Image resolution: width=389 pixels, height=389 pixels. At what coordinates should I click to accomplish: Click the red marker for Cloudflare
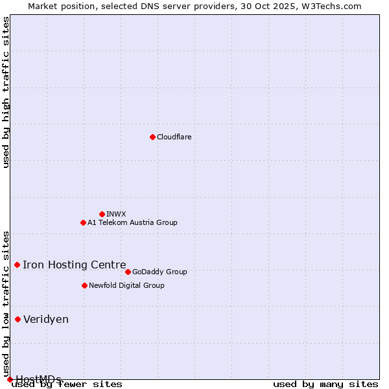tap(152, 137)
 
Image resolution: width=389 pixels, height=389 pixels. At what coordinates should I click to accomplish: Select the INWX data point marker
tap(102, 214)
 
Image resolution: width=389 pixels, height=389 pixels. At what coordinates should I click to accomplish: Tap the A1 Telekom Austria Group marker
tap(83, 222)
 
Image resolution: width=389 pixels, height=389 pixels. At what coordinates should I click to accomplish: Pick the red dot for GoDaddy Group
tap(128, 272)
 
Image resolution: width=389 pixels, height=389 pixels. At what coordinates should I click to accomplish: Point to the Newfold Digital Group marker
tap(84, 285)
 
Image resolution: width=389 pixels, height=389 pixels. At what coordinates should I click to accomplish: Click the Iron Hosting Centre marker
tap(18, 265)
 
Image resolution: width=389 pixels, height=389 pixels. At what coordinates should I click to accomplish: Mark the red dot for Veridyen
tap(18, 319)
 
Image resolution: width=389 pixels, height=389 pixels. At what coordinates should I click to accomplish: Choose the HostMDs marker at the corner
tap(10, 379)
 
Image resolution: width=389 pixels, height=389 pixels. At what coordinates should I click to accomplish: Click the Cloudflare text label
tap(174, 137)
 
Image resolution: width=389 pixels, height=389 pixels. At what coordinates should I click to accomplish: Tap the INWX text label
tap(116, 214)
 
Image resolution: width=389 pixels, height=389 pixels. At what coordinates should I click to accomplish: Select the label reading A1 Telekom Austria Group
tap(132, 222)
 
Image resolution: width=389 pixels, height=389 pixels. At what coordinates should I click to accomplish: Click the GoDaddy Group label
tap(159, 272)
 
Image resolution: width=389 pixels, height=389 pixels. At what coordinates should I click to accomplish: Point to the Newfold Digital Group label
tap(126, 285)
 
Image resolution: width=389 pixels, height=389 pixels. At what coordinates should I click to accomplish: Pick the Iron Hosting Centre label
tap(75, 265)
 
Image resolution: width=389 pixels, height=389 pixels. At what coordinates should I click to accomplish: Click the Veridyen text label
tap(46, 319)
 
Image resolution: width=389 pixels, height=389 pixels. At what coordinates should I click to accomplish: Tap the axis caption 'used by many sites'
tap(325, 384)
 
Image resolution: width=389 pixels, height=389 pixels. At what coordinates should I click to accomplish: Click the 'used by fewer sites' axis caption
tap(67, 384)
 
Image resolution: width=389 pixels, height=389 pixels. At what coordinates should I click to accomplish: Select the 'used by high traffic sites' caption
tap(6, 92)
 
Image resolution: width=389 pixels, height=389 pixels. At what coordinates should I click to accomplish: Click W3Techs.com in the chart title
tap(330, 6)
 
